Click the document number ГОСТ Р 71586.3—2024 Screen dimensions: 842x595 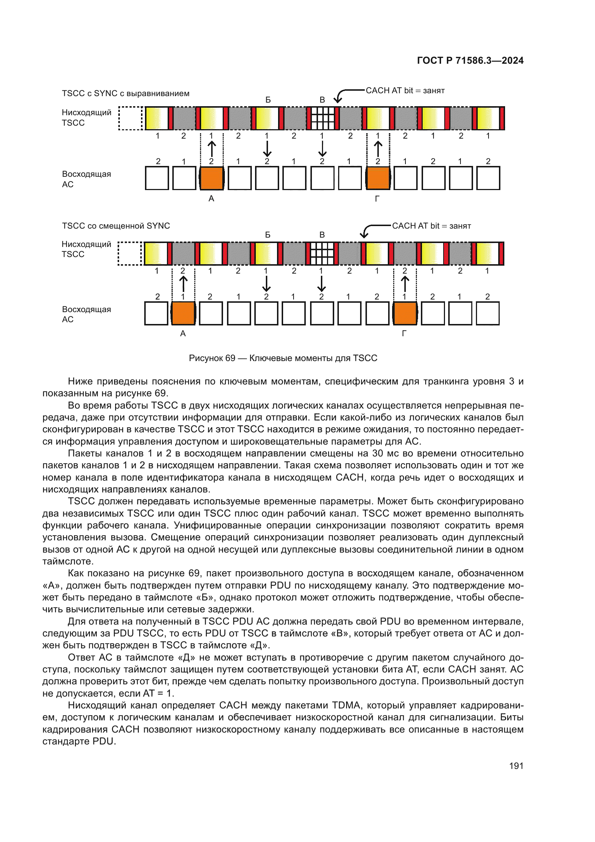pyautogui.click(x=470, y=60)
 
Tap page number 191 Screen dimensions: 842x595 pyautogui.click(x=516, y=765)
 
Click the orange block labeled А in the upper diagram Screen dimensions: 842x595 pyautogui.click(x=212, y=178)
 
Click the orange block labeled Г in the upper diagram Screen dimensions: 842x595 pyautogui.click(x=378, y=178)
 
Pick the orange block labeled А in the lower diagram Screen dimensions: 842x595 pyautogui.click(x=183, y=313)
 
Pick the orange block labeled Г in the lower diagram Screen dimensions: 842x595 pyautogui.click(x=405, y=313)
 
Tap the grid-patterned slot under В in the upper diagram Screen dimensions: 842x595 pyautogui.click(x=322, y=118)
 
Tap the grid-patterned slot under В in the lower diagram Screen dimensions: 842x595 pyautogui.click(x=322, y=253)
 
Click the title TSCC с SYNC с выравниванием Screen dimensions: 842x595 pyautogui.click(x=126, y=94)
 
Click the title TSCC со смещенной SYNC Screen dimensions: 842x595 pyautogui.click(x=116, y=226)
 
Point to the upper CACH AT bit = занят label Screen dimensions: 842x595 pyautogui.click(x=405, y=91)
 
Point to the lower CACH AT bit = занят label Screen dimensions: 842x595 pyautogui.click(x=431, y=226)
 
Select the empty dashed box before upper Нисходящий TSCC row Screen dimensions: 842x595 pyautogui.click(x=131, y=118)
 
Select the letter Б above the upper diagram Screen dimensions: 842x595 pyautogui.click(x=268, y=100)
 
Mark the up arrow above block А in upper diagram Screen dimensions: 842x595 pyautogui.click(x=212, y=149)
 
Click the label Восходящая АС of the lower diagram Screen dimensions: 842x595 pyautogui.click(x=86, y=314)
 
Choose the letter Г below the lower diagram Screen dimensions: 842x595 pyautogui.click(x=404, y=333)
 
